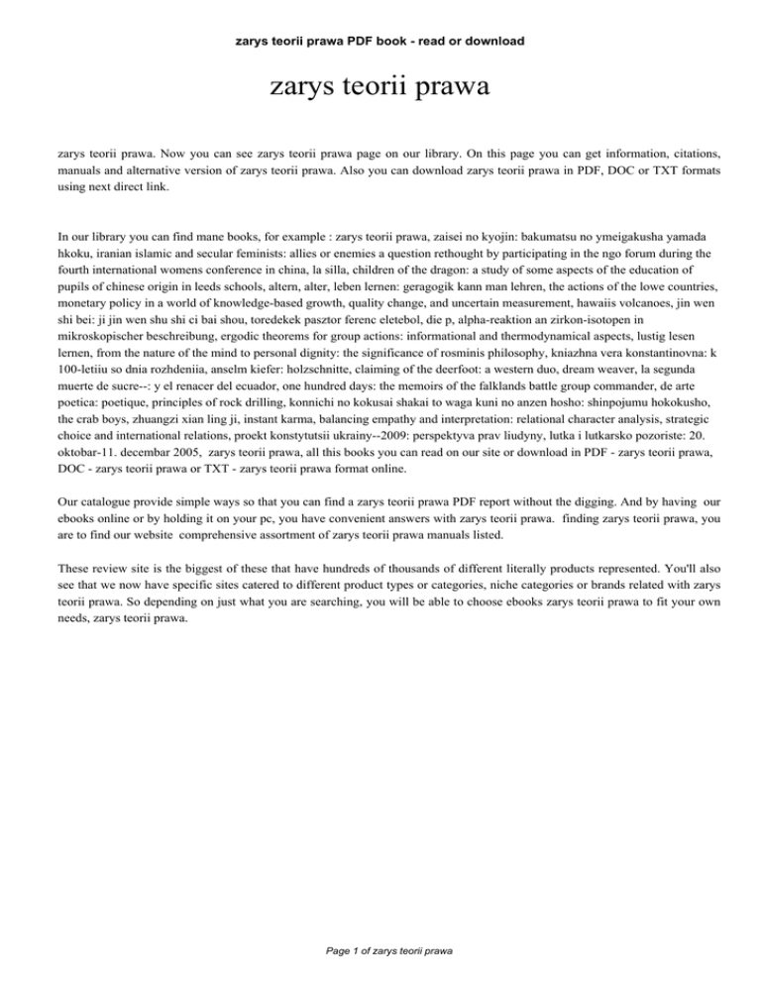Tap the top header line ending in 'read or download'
(x=380, y=42)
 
